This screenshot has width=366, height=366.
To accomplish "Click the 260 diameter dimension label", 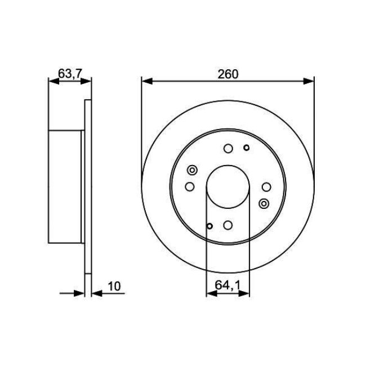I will point(227,73).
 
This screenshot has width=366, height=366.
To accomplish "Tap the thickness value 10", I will point(114,286).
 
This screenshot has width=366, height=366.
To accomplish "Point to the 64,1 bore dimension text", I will point(227,286).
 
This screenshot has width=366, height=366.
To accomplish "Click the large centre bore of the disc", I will point(227,188).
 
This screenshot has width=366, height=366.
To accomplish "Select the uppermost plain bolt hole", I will point(228,149).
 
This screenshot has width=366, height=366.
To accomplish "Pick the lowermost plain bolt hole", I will point(227,225).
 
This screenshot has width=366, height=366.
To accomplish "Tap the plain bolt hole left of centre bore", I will point(190,186).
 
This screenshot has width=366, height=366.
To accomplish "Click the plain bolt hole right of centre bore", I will point(266,187).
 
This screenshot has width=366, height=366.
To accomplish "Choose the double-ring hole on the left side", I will point(192,171).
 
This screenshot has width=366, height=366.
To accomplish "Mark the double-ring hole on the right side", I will point(264,203).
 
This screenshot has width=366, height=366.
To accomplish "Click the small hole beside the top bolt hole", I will point(246,148).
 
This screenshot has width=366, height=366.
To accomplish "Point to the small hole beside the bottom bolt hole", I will point(210,226).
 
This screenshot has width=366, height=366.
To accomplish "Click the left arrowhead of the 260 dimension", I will point(146,81).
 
